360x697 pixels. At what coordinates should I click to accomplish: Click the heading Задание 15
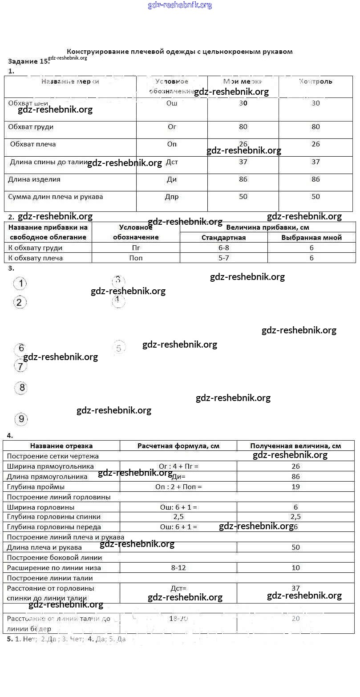(x=28, y=61)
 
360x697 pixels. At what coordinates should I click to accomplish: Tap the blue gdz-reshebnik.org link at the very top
(x=180, y=5)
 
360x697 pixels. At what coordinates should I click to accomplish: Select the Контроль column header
(x=316, y=81)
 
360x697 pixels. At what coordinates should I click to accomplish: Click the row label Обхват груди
(x=31, y=127)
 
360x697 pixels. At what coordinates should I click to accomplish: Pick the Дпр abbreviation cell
(x=172, y=197)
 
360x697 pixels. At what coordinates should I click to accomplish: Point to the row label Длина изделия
(x=34, y=179)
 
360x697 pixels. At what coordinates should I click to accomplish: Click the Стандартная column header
(x=223, y=237)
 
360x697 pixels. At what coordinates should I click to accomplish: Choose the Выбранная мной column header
(x=311, y=237)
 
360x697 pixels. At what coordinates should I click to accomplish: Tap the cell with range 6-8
(x=223, y=247)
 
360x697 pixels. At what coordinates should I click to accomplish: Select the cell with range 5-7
(x=223, y=258)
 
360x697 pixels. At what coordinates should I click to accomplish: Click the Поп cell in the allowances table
(x=136, y=258)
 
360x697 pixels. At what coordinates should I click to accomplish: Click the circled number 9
(x=21, y=419)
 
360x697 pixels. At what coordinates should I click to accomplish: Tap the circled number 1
(x=20, y=284)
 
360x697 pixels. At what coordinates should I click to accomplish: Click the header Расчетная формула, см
(x=178, y=446)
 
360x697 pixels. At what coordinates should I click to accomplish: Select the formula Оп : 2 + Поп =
(x=178, y=486)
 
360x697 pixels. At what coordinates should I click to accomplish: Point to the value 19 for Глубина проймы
(x=295, y=486)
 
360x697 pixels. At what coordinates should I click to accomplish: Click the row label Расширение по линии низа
(x=54, y=567)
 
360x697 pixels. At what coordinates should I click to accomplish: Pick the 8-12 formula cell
(x=178, y=567)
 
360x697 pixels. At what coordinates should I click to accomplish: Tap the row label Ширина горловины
(x=40, y=507)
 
